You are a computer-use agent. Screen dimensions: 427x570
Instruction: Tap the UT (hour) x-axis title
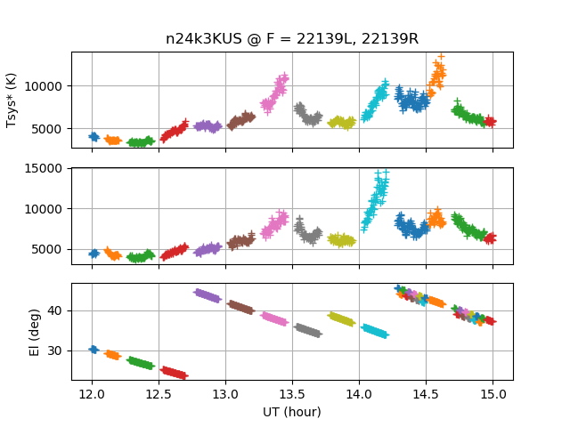[x=292, y=412]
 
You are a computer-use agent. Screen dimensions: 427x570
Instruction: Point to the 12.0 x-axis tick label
[x=92, y=394]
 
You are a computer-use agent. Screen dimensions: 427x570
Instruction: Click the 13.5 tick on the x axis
[x=292, y=394]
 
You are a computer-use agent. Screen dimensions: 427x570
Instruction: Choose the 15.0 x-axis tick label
[x=493, y=394]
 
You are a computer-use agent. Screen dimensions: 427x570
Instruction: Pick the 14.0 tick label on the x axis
[x=359, y=394]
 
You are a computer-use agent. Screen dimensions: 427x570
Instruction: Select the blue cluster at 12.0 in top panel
[x=94, y=136]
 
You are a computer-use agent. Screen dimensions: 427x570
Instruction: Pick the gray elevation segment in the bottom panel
[x=307, y=330]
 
